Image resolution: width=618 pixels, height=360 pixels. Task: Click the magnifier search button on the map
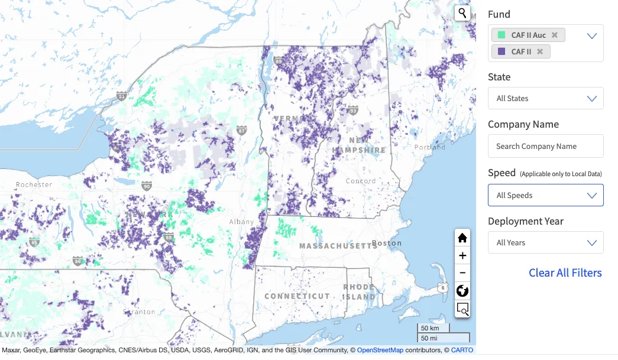(462, 13)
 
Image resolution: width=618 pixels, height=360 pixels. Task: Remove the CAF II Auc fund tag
(554, 35)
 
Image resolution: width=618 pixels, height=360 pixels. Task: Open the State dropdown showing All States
(545, 99)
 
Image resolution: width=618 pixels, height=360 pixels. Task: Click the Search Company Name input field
(545, 147)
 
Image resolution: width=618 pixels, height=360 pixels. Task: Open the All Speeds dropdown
(545, 196)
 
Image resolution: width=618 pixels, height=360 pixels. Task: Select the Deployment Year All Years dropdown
(545, 243)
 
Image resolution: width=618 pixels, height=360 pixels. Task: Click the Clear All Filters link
(565, 273)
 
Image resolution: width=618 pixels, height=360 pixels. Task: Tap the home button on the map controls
(462, 238)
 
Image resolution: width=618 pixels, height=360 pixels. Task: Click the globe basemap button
(462, 291)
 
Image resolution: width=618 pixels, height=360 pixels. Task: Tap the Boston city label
(387, 243)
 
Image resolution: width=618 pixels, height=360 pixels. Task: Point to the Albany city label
(242, 222)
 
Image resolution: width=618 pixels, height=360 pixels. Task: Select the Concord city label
(360, 181)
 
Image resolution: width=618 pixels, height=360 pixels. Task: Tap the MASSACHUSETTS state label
(338, 246)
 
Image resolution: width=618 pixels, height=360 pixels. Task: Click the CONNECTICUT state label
(297, 296)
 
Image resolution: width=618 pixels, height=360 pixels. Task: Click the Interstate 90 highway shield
(146, 186)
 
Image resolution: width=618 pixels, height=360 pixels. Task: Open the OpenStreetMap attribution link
(380, 351)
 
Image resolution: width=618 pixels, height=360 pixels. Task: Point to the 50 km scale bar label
(430, 328)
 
